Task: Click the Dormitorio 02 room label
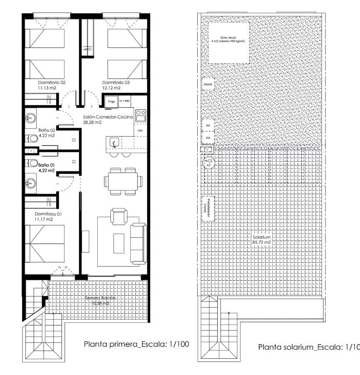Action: (52, 82)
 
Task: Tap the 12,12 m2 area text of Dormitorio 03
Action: (112, 88)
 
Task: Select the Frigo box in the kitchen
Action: (112, 101)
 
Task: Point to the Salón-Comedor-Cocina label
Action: (107, 117)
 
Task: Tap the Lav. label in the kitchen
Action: (140, 131)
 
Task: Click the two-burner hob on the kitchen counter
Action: (141, 115)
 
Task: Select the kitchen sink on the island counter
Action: (114, 143)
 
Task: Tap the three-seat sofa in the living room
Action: (138, 243)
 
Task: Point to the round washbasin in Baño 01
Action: (31, 182)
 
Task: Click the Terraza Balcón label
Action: (100, 298)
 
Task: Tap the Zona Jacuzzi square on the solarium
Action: (228, 42)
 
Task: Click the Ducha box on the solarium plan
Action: (207, 84)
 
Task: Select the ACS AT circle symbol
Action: (209, 163)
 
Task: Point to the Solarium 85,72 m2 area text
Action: (261, 240)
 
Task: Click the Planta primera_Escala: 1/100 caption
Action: (137, 344)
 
